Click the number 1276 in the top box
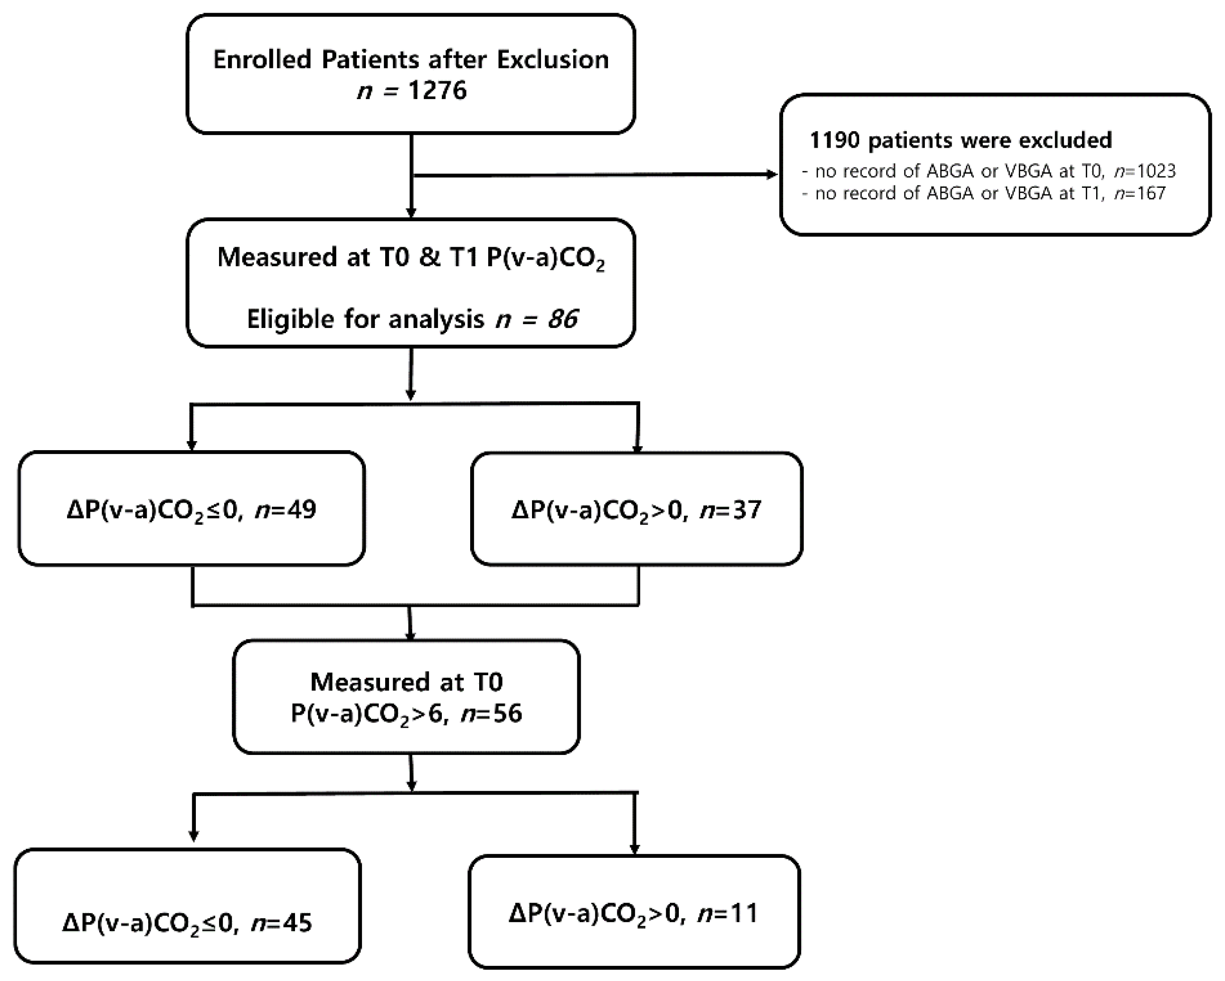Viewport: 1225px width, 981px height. click(x=438, y=90)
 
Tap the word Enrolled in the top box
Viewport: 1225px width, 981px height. click(x=262, y=59)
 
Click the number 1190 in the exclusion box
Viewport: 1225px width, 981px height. click(x=835, y=140)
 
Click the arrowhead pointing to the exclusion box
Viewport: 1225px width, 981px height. click(x=772, y=175)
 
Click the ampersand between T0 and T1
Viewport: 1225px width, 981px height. click(x=430, y=257)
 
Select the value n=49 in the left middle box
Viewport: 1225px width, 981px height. click(x=285, y=510)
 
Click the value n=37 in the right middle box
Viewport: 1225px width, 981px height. click(x=730, y=510)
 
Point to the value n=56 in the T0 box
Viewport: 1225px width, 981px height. click(x=491, y=713)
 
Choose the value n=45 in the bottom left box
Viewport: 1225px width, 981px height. click(x=281, y=923)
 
